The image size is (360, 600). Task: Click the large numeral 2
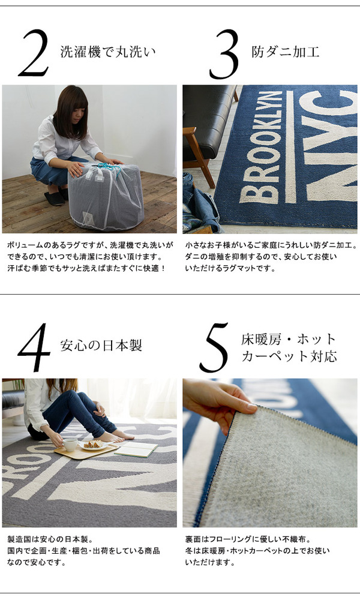tap(34, 53)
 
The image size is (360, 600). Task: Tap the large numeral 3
tap(224, 55)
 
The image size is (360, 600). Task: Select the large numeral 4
tap(34, 347)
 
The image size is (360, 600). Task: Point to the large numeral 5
tap(215, 347)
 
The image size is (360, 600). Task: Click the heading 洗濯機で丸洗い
tap(108, 51)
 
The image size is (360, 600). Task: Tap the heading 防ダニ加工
tap(286, 51)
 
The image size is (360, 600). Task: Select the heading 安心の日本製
tap(101, 345)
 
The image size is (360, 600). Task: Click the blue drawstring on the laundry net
tap(107, 169)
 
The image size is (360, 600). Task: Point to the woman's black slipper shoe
tap(54, 199)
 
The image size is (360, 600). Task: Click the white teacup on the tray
tap(70, 444)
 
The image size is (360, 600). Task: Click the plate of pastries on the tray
tap(94, 445)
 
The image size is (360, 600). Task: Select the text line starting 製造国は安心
tap(50, 539)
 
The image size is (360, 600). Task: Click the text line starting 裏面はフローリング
tap(248, 539)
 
